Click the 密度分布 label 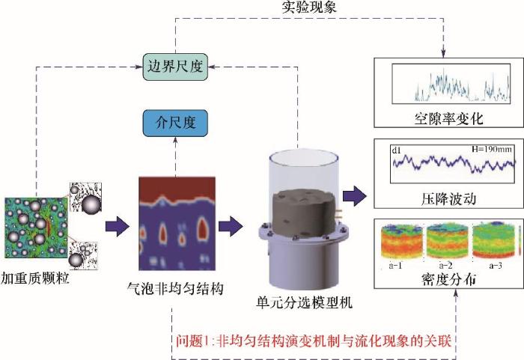(444, 279)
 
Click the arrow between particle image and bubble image (116, 225)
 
